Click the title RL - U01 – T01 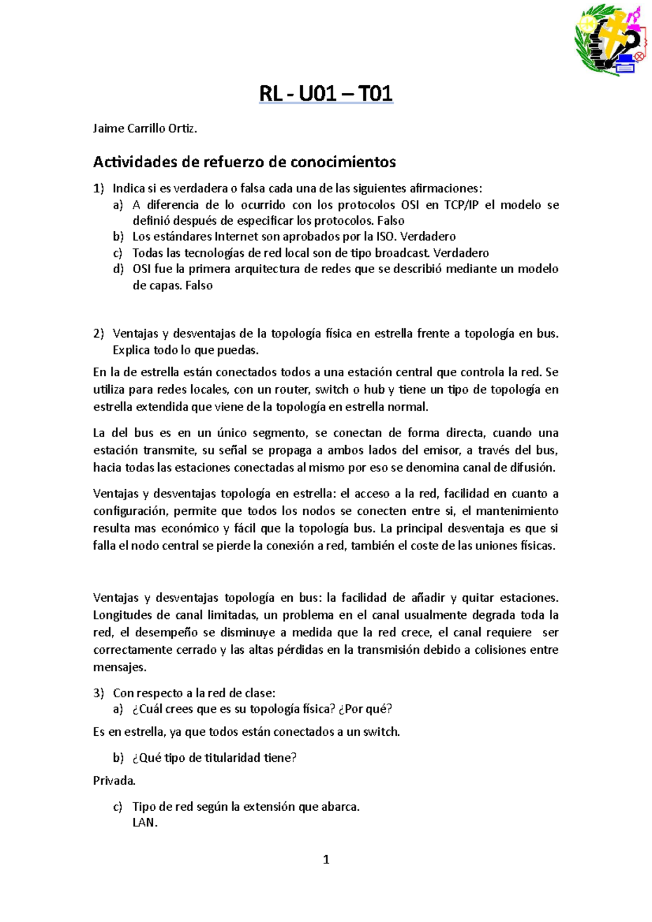(326, 94)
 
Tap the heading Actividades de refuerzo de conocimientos (244, 162)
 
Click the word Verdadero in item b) (428, 237)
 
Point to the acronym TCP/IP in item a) (461, 205)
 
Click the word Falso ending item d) (198, 286)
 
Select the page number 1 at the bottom (326, 860)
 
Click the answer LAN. (145, 823)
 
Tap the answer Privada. (114, 781)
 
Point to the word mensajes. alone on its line (120, 667)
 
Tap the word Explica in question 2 (131, 350)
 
